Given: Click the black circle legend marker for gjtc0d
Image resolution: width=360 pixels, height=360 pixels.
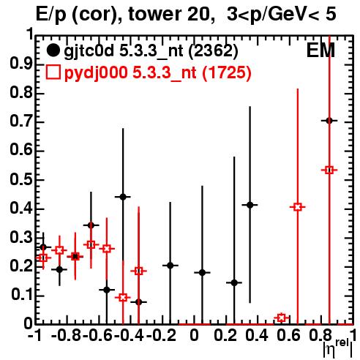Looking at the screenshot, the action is coord(53,50).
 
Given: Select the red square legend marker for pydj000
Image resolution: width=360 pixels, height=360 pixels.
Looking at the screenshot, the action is coord(53,72).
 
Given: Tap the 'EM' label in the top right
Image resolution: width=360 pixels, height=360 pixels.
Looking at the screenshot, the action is coord(320,50).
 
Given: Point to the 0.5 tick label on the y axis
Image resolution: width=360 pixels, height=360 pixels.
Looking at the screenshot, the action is coord(21,179).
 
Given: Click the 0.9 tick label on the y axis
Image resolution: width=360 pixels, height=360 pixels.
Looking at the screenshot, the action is coord(21,64).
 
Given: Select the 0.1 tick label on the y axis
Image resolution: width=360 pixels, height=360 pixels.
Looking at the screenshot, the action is coord(21,295).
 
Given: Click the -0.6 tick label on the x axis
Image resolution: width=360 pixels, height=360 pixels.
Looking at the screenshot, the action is coord(98,335).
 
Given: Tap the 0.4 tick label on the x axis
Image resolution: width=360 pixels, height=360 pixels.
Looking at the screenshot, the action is coord(257,335).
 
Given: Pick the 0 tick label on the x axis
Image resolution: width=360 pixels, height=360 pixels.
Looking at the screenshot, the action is coord(194,335).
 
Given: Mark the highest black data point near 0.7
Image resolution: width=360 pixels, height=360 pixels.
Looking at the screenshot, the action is coord(329,121).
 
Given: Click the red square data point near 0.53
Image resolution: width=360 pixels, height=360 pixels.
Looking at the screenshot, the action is coord(329,170).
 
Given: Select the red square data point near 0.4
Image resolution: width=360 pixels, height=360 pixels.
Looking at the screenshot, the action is coord(298,207).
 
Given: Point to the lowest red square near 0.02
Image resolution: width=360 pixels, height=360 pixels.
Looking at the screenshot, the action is coord(282,318).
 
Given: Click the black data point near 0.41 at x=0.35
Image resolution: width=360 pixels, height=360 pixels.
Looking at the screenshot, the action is coord(250,205).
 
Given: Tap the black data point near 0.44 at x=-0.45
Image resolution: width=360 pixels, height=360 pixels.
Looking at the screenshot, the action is coord(123,197).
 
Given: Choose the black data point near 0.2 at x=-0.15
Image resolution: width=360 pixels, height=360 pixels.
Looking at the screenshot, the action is coord(170,266).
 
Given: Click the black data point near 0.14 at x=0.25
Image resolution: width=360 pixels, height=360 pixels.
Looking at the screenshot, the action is coord(234,282).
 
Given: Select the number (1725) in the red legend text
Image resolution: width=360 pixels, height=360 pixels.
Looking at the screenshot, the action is coord(227,72).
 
